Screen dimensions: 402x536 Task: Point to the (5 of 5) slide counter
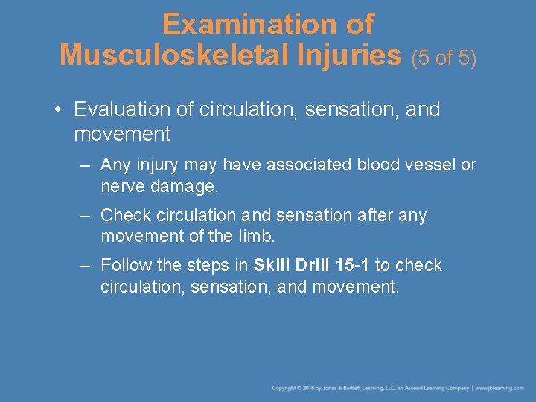pos(444,57)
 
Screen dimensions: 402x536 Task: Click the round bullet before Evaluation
pos(57,110)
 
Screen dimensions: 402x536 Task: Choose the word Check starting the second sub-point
pos(123,215)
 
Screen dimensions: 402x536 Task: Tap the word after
pos(367,215)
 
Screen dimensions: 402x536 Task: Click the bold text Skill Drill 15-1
pos(311,266)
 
